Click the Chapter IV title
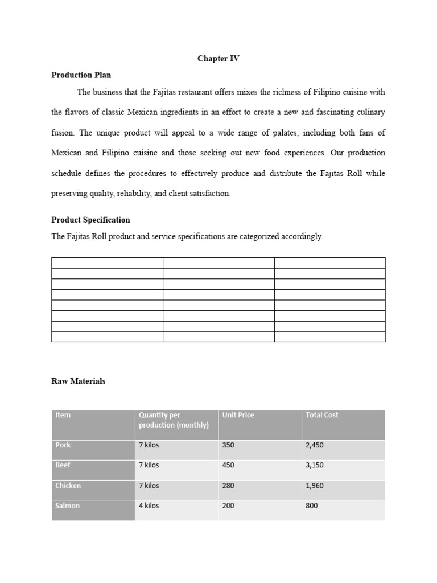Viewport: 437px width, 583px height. pyautogui.click(x=218, y=59)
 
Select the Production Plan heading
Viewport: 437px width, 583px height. pyautogui.click(x=81, y=75)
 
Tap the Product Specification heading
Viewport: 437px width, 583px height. pyautogui.click(x=90, y=220)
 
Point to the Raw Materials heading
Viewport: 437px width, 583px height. pyautogui.click(x=79, y=381)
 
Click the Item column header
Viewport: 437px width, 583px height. pyautogui.click(x=63, y=415)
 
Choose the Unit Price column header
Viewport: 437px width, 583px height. pyautogui.click(x=238, y=415)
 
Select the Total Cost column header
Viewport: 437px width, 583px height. pyautogui.click(x=321, y=415)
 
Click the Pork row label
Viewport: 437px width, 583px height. pyautogui.click(x=63, y=445)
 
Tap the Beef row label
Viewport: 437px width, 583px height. pyautogui.click(x=63, y=465)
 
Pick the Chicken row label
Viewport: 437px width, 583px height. pyautogui.click(x=68, y=486)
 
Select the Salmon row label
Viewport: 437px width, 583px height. pyautogui.click(x=67, y=506)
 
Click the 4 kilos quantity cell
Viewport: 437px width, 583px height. pyautogui.click(x=149, y=506)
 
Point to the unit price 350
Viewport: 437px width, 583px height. pyautogui.click(x=228, y=445)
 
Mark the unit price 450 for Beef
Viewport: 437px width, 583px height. pyautogui.click(x=228, y=465)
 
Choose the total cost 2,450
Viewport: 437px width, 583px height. pyautogui.click(x=315, y=445)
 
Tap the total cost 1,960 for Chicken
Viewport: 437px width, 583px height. pyautogui.click(x=315, y=486)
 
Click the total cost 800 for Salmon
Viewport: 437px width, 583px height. pyautogui.click(x=311, y=506)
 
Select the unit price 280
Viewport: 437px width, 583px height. pyautogui.click(x=228, y=486)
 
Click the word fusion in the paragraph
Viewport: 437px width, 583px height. pyautogui.click(x=63, y=133)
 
